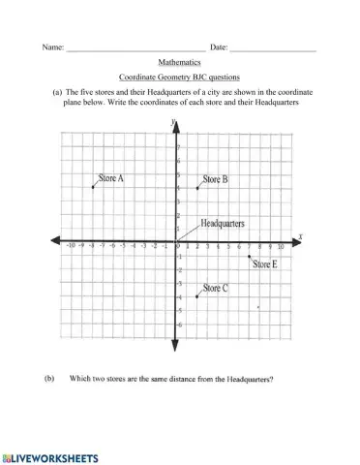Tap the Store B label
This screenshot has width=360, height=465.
(215, 179)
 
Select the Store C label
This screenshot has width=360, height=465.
(215, 288)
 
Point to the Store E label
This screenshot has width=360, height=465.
(265, 264)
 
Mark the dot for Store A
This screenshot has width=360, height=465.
(93, 187)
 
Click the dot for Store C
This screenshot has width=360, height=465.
(196, 295)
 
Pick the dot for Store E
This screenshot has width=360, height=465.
(250, 257)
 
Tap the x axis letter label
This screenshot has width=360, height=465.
(301, 235)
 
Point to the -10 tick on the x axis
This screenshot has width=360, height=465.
(71, 247)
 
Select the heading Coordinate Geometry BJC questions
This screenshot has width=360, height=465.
(179, 76)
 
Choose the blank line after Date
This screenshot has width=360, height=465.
(273, 46)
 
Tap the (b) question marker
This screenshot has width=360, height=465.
(49, 378)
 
